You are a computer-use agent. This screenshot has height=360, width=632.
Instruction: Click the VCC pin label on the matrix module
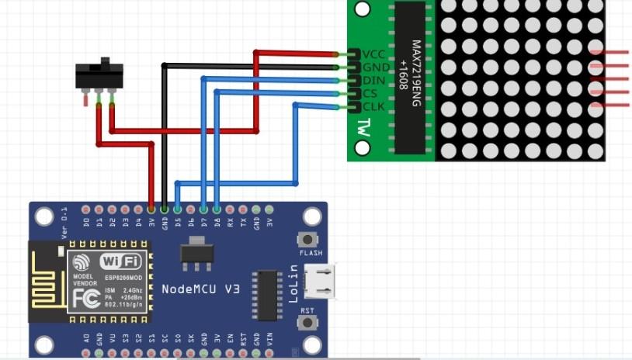click(x=373, y=54)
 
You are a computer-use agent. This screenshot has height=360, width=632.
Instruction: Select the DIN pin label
click(x=373, y=80)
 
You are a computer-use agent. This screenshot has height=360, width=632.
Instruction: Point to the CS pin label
click(x=370, y=93)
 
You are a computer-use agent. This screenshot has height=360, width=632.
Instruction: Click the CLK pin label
click(x=373, y=106)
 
